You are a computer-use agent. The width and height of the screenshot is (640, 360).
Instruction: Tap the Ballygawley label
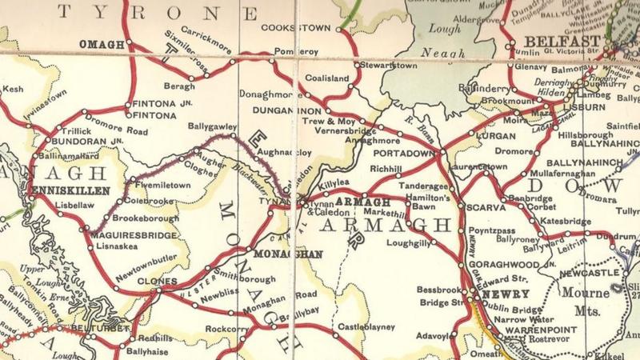pyautogui.click(x=212, y=126)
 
